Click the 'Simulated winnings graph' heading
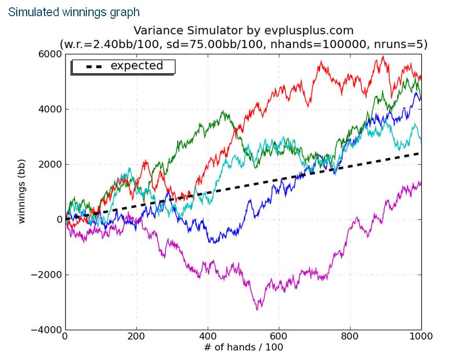74,11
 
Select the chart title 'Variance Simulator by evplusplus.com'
244,30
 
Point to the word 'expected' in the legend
137,66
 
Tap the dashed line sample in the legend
90,66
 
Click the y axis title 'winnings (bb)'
22,192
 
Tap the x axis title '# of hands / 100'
243,347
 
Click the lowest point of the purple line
257,310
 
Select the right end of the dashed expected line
420,153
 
